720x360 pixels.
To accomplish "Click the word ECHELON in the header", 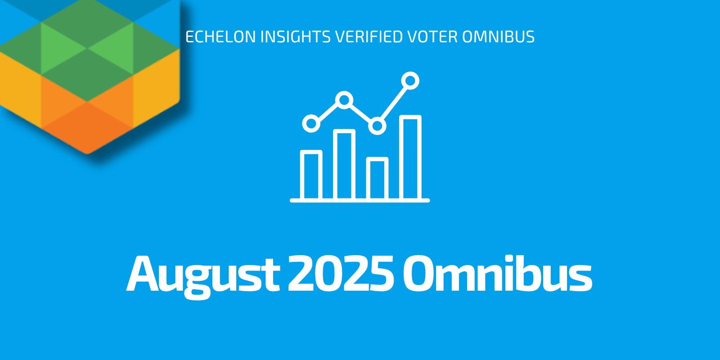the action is [x=220, y=36].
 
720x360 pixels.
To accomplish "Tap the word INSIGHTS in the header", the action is [x=295, y=36].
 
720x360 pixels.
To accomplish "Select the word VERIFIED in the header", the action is [x=369, y=36].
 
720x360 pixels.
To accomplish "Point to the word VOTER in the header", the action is [x=432, y=36].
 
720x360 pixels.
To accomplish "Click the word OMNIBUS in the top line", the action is [x=499, y=36].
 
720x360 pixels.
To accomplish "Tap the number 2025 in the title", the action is [x=341, y=273].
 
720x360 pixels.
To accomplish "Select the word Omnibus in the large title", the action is [x=497, y=273].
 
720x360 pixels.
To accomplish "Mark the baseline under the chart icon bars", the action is [x=360, y=201].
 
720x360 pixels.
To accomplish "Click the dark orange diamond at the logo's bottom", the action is [x=87, y=128].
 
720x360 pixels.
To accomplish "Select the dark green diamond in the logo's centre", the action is [x=87, y=75].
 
